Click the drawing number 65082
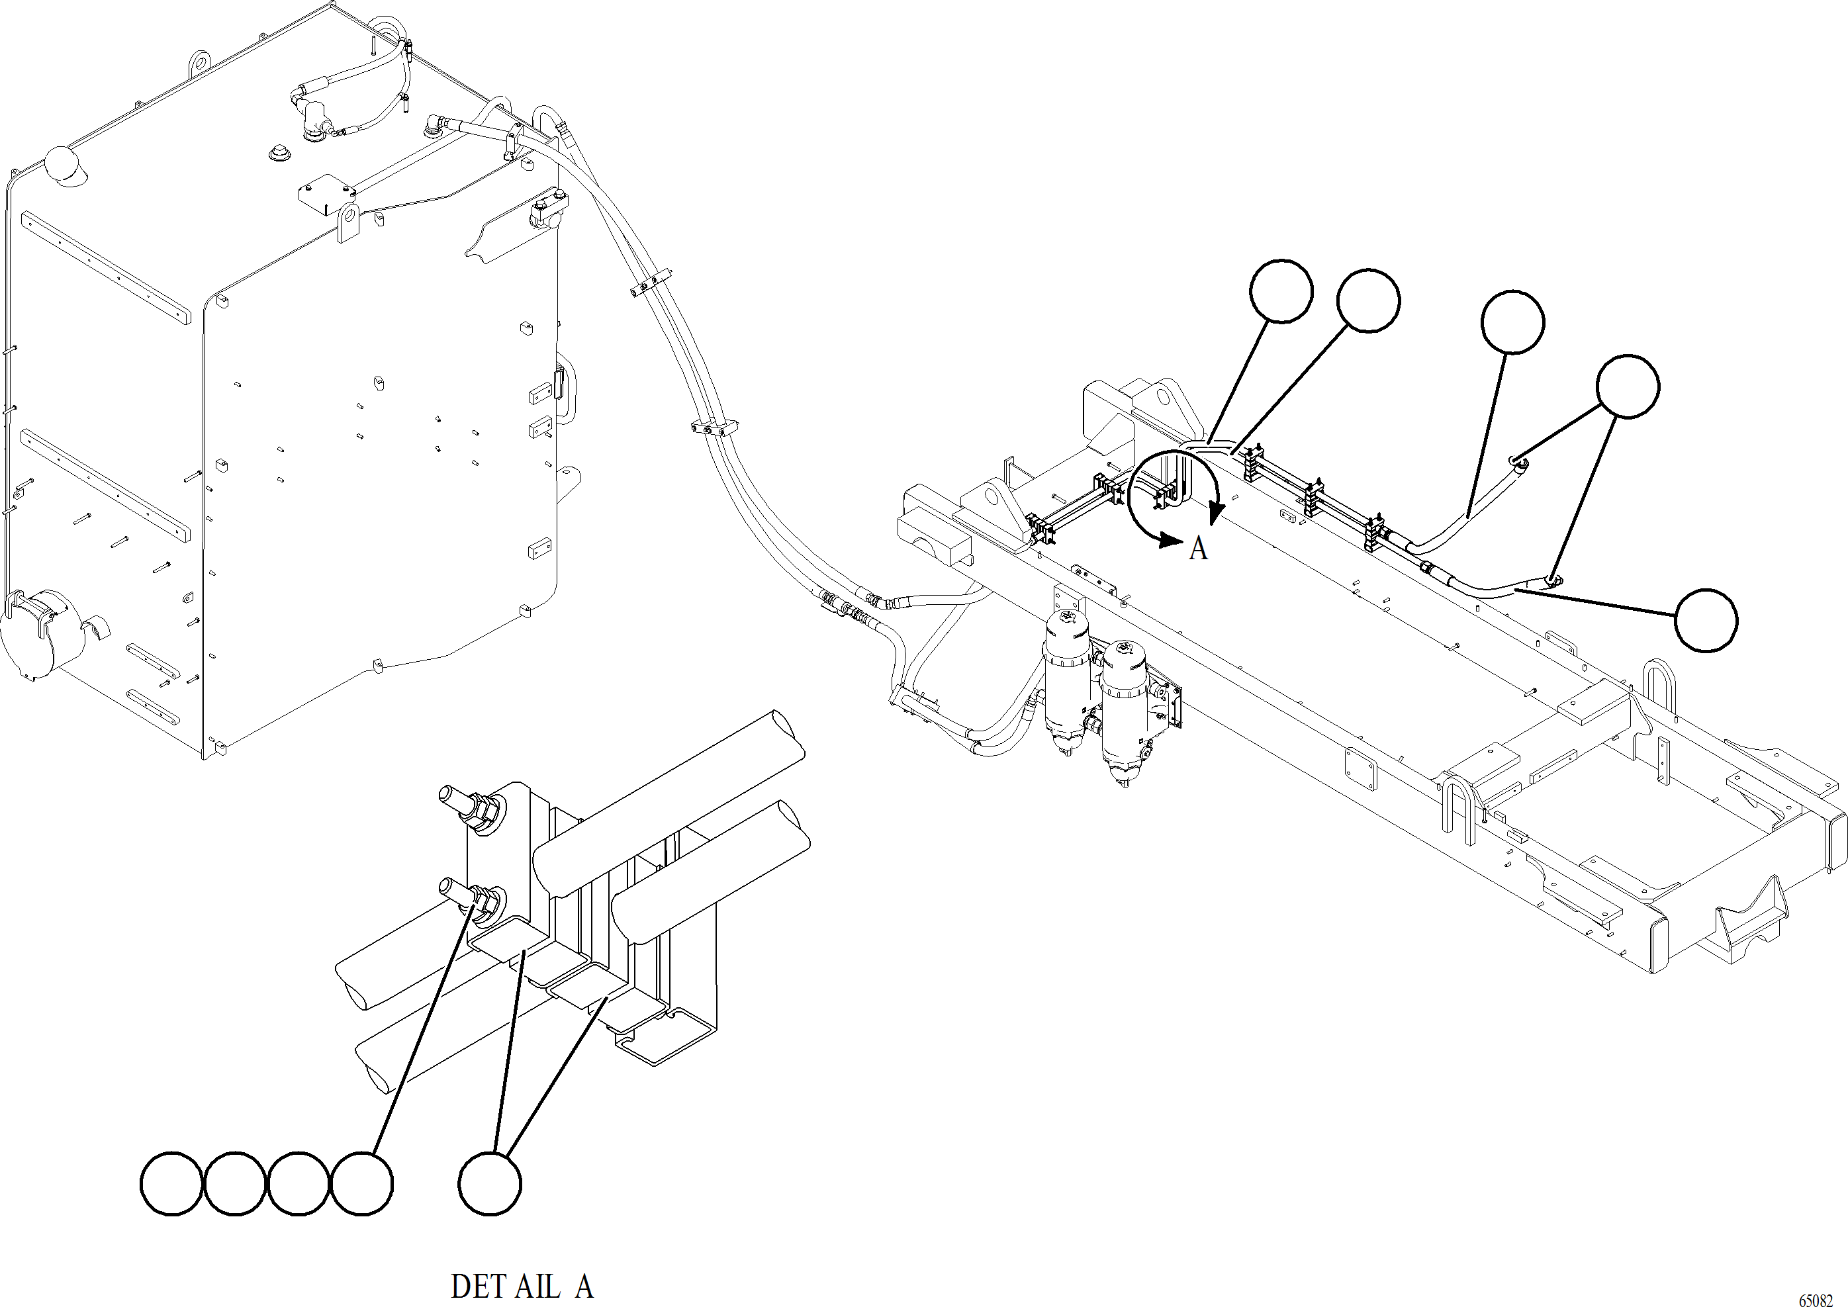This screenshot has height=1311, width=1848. (x=1816, y=1300)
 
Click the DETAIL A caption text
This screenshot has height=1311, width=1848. (x=522, y=1287)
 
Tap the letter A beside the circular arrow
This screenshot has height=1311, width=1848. (x=1198, y=548)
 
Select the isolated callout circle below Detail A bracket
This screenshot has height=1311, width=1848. (x=489, y=1183)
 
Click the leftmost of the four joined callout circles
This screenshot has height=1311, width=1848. (x=171, y=1183)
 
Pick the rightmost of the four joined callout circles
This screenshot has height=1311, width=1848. (x=361, y=1183)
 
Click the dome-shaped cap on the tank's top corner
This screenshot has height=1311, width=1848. (x=62, y=165)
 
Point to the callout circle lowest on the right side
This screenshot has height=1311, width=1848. (x=1705, y=620)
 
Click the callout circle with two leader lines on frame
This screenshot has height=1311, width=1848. (x=1628, y=386)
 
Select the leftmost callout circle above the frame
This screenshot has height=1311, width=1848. (x=1281, y=291)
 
